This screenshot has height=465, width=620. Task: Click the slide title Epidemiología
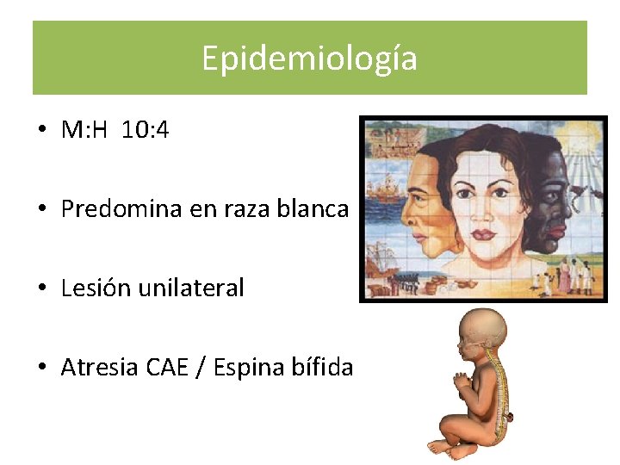(309, 59)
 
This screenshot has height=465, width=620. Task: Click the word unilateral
(191, 288)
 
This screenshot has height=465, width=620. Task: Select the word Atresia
(99, 368)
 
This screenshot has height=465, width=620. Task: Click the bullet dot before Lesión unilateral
(41, 288)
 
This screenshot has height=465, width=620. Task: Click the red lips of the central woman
(483, 233)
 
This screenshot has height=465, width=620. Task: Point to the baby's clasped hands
(462, 380)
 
